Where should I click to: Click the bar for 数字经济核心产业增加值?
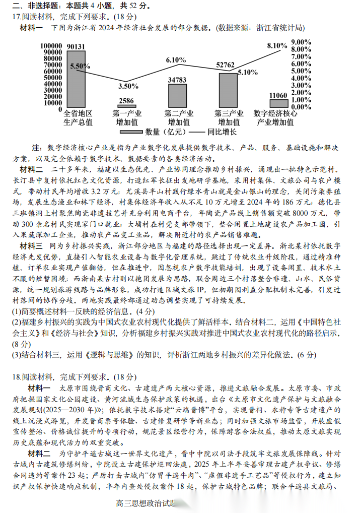click(278, 103)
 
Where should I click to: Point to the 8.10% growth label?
click(277, 45)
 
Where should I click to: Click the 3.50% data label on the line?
click(128, 86)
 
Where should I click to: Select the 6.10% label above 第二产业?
click(176, 60)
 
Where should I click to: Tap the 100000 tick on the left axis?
click(52, 45)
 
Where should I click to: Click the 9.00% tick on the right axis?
click(301, 42)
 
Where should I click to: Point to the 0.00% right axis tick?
click(301, 107)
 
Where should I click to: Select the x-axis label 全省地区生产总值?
click(78, 117)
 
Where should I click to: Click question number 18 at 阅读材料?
click(15, 376)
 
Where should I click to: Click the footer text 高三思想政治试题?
click(144, 502)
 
